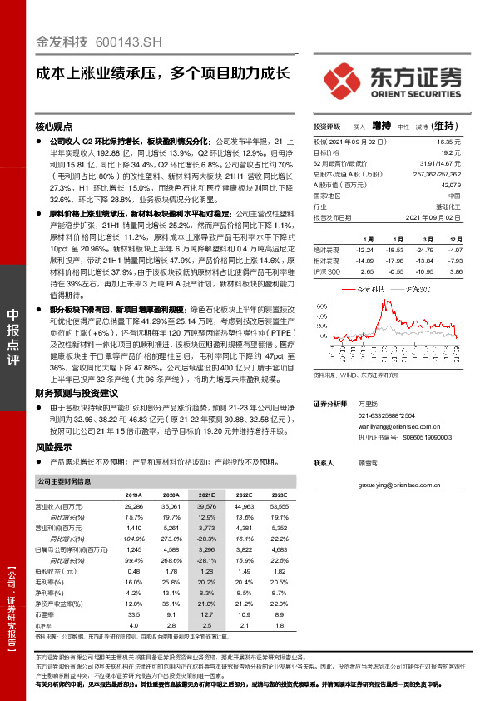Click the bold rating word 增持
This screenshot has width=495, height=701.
(381, 127)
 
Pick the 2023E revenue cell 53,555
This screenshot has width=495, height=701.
(279, 505)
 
